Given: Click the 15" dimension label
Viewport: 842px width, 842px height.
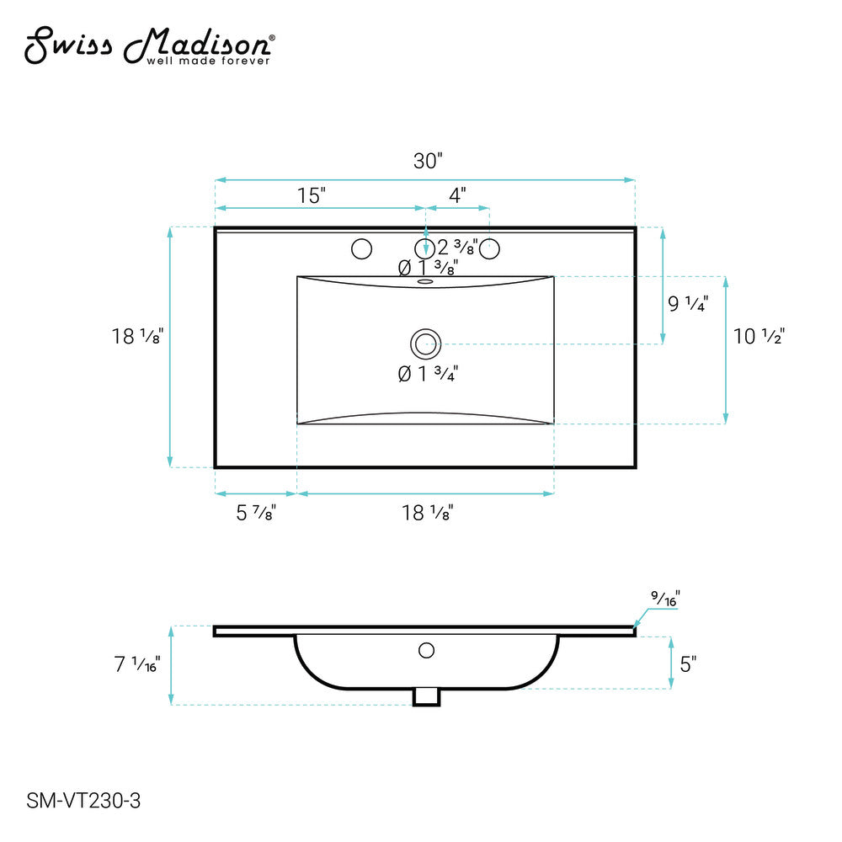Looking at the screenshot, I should [312, 196].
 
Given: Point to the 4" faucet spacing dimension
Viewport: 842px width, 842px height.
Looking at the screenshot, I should [457, 196].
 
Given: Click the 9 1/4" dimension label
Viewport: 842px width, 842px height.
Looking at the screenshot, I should [688, 305].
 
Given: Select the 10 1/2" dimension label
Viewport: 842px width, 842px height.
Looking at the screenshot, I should [759, 337].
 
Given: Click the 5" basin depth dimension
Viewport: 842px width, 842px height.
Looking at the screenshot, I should [689, 664].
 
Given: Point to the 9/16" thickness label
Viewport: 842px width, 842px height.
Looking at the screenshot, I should [665, 599].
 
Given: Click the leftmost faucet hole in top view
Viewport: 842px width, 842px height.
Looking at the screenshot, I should [362, 248].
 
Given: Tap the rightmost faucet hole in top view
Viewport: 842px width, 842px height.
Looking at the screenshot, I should [490, 248].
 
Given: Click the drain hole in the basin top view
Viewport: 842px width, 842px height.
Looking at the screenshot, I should [426, 344].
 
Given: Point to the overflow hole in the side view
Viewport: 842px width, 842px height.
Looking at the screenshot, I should [426, 650].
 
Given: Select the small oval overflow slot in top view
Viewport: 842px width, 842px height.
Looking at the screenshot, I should [425, 282].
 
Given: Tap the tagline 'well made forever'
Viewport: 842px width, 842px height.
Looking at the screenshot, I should [209, 61].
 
